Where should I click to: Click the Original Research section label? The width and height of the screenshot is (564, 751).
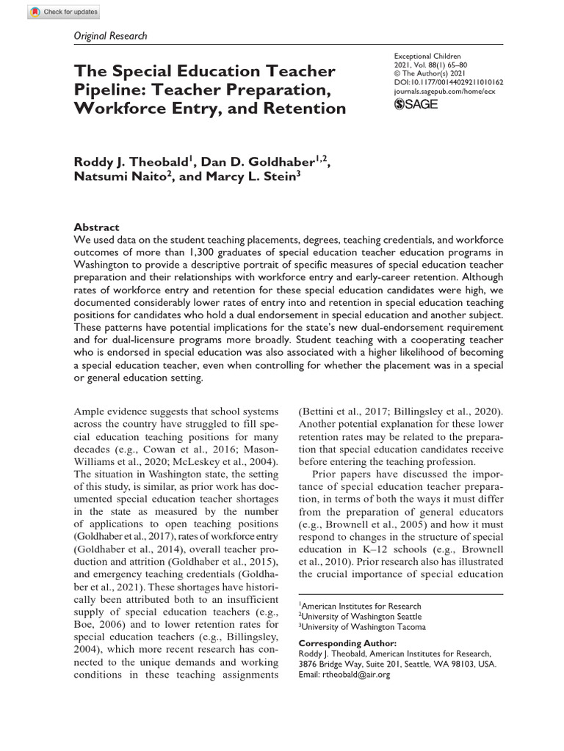(x=110, y=35)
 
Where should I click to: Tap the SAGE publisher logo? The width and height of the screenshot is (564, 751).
(x=416, y=105)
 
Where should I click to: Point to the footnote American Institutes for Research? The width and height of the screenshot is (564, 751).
(x=361, y=606)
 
